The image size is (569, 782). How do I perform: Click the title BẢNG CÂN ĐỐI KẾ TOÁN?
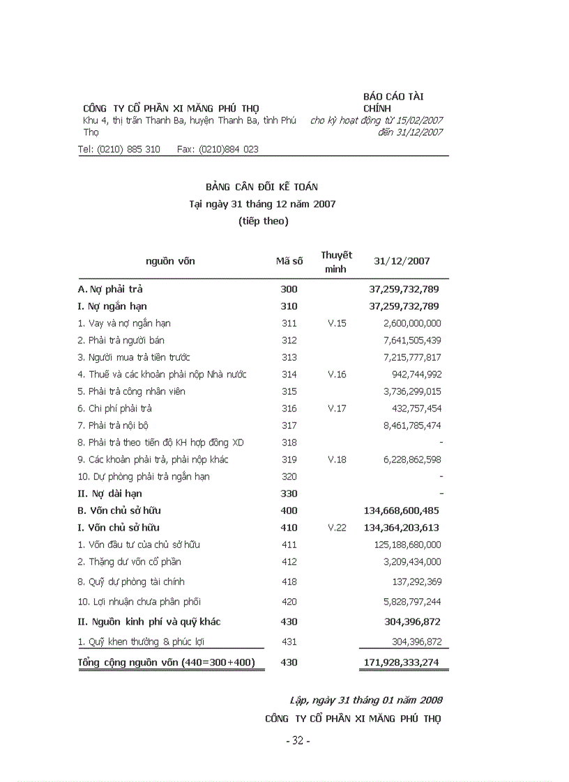(x=261, y=187)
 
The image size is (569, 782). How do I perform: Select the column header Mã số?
(x=289, y=261)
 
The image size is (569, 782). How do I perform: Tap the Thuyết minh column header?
(x=336, y=262)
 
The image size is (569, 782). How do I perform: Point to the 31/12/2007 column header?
(x=402, y=261)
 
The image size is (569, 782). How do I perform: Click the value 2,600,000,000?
(x=411, y=323)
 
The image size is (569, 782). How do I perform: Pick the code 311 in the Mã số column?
(x=289, y=323)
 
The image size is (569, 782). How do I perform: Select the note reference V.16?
(x=336, y=375)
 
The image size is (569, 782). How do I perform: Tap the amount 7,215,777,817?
(x=411, y=357)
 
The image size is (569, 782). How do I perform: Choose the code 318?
(x=289, y=443)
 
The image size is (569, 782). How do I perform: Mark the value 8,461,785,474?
(x=411, y=425)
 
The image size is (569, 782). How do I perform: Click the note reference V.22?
(x=336, y=528)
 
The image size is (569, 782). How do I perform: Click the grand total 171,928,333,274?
(x=401, y=662)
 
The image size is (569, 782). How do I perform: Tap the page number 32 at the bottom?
(x=298, y=741)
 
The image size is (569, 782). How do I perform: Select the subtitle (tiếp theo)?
(x=262, y=221)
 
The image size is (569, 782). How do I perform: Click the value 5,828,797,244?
(x=411, y=602)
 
